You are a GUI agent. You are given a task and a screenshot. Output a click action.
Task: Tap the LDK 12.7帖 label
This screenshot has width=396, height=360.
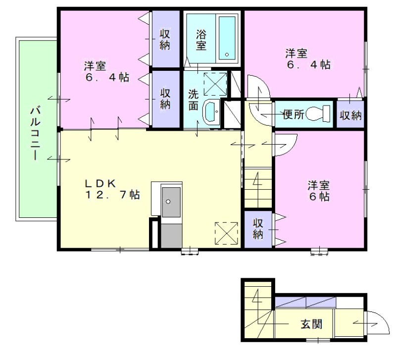pyautogui.click(x=111, y=189)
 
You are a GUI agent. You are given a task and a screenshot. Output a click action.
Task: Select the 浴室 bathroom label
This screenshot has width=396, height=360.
pyautogui.click(x=201, y=40)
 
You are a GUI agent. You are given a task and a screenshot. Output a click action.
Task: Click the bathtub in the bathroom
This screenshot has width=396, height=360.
pyautogui.click(x=228, y=38)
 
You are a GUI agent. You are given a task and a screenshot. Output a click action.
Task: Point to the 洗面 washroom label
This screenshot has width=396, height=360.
pyautogui.click(x=194, y=100)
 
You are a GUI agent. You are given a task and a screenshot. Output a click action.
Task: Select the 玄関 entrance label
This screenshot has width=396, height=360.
pyautogui.click(x=312, y=324)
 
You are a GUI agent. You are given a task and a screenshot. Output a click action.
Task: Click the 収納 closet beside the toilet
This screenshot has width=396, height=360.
pyautogui.click(x=350, y=115)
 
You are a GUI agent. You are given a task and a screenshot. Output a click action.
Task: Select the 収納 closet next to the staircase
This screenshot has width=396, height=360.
pyautogui.click(x=258, y=229)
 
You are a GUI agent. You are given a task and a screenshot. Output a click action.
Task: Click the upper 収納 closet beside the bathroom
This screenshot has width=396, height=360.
pyautogui.click(x=165, y=40)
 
